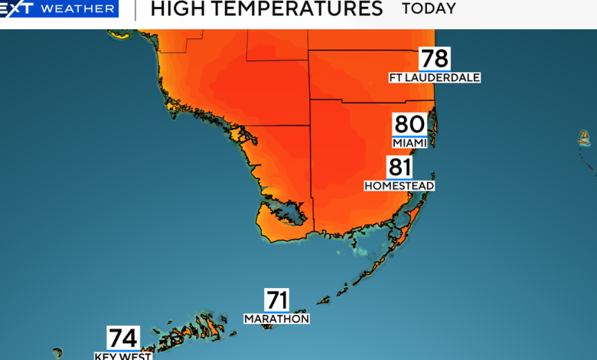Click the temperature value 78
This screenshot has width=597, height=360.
tap(434, 58)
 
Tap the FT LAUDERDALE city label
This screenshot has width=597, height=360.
tap(435, 77)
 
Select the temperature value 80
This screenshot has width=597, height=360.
tap(409, 124)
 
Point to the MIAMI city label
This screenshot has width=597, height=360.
tap(409, 143)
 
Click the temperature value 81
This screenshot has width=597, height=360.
tap(400, 168)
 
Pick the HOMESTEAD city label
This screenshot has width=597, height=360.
tap(400, 186)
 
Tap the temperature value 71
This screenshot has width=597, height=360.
tap(276, 299)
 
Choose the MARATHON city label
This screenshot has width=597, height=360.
tap(276, 319)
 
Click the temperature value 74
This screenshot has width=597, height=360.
tap(122, 338)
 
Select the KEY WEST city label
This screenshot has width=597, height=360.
tap(122, 355)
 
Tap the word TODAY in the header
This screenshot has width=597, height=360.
tap(429, 9)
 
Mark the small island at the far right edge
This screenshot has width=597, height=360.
tap(584, 138)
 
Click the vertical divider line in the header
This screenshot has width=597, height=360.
tap(135, 9)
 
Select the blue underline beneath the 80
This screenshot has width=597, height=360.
tap(409, 136)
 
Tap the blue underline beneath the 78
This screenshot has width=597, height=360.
tap(434, 70)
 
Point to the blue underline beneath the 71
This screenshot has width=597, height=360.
tap(276, 311)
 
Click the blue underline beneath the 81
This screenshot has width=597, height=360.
tap(400, 179)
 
